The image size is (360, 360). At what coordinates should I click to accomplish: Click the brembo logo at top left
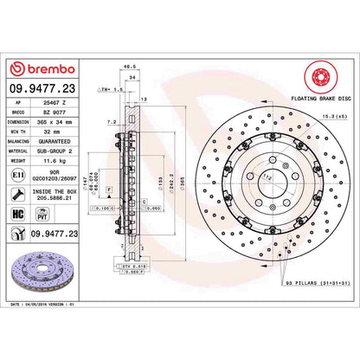(42, 68)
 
